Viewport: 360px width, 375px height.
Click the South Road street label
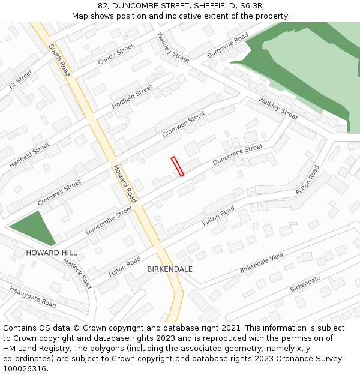tap(60, 59)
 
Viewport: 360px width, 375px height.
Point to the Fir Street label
tap(21, 79)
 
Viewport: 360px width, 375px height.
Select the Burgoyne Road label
tap(227, 46)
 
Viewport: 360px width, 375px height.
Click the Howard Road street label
tap(125, 182)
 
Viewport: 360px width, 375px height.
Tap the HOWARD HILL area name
tap(51, 253)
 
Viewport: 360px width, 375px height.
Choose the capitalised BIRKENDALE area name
tap(170, 269)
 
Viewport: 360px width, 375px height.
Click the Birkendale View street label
tap(261, 263)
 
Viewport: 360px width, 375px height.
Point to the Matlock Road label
tap(77, 273)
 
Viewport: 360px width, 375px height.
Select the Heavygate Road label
tap(33, 297)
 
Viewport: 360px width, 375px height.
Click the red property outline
tap(177, 166)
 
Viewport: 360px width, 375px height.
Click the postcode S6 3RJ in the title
tap(251, 6)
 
